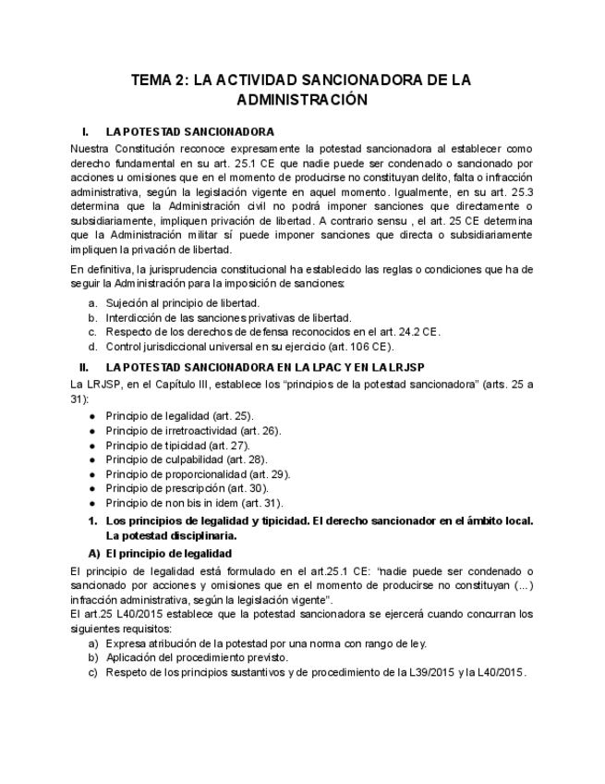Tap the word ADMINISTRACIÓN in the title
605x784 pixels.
302,100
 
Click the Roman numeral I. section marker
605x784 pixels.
85,131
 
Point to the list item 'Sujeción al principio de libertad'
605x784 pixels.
182,302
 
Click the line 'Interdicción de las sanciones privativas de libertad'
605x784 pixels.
215,317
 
